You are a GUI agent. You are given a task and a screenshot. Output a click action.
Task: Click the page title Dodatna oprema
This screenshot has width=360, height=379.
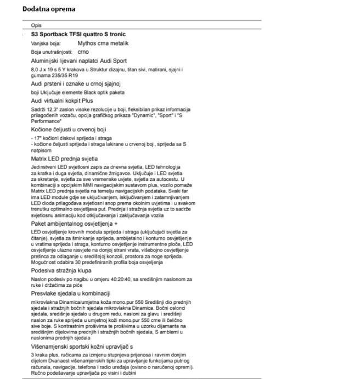[49, 9]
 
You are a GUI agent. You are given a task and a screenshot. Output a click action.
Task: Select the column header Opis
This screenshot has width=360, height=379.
[36, 26]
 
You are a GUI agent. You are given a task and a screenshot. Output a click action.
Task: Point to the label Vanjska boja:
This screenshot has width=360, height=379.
[46, 43]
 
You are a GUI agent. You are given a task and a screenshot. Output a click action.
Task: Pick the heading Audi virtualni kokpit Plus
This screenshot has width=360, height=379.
[62, 101]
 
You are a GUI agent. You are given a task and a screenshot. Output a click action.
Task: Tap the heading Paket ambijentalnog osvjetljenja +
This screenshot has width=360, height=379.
[75, 225]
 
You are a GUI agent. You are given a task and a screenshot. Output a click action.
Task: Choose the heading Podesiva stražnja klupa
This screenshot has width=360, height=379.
[61, 271]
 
